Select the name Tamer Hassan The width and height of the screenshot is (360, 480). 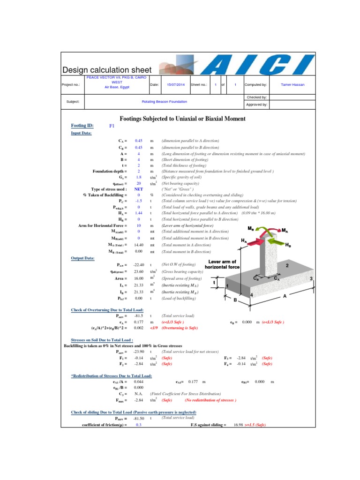point(293,85)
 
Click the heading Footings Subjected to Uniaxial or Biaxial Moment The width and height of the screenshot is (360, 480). point(183,119)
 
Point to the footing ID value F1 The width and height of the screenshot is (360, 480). point(112,126)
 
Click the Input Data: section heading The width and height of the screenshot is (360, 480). point(82,133)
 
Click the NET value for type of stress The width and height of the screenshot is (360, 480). point(139,189)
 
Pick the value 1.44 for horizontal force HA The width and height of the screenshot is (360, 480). point(139,213)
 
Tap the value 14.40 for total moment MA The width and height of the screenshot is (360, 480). point(139,245)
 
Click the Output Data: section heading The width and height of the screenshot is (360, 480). point(82,258)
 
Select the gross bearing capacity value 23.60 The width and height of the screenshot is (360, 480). point(139,271)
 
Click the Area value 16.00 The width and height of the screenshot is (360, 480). point(139,278)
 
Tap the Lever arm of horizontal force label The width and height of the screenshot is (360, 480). point(222,264)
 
